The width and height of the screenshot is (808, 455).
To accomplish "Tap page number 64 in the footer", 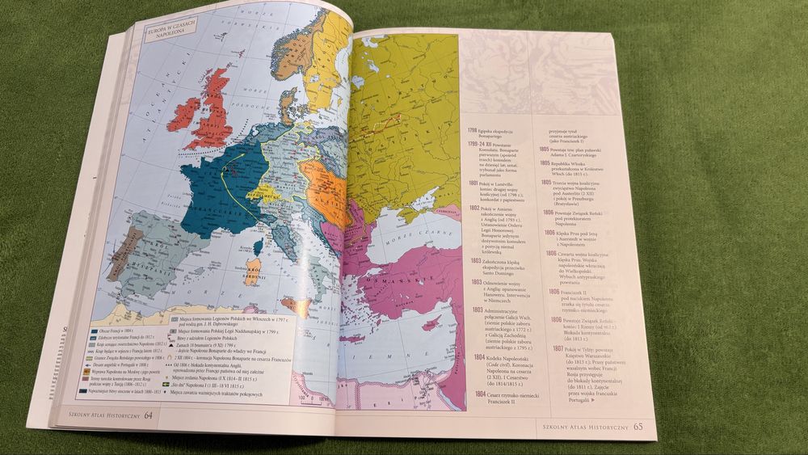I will [x=149, y=415].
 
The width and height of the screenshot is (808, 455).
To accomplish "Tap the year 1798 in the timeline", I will [x=474, y=130].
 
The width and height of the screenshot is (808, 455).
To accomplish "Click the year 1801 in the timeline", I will [x=475, y=183].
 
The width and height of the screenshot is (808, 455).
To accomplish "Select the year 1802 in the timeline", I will [x=475, y=209].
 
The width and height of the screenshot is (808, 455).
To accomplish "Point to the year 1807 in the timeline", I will [x=558, y=348].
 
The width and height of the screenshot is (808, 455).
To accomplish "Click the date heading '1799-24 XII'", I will [x=482, y=144].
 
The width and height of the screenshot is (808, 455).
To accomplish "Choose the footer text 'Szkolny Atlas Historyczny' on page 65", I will [x=579, y=424].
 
